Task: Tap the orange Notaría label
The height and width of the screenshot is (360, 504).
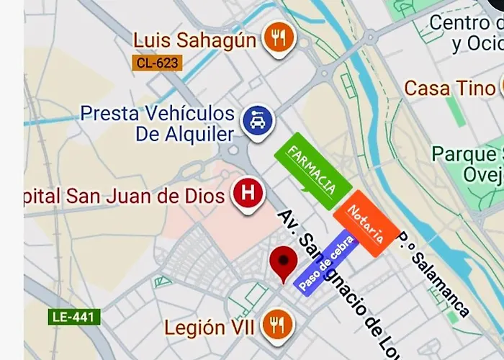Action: pos(366,223)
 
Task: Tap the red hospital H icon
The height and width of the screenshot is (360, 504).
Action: pos(248,194)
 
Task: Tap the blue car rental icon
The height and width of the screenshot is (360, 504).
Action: pos(257,120)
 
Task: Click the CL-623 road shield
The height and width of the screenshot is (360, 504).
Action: pos(156,63)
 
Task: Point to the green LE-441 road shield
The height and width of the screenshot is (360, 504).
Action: pos(75,316)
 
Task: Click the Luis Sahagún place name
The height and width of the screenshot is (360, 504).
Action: pos(194,40)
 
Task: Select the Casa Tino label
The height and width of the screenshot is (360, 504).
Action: pos(450,89)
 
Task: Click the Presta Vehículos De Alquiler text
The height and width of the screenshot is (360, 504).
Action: pos(158,124)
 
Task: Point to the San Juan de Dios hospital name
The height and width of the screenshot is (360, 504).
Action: pos(126,195)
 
